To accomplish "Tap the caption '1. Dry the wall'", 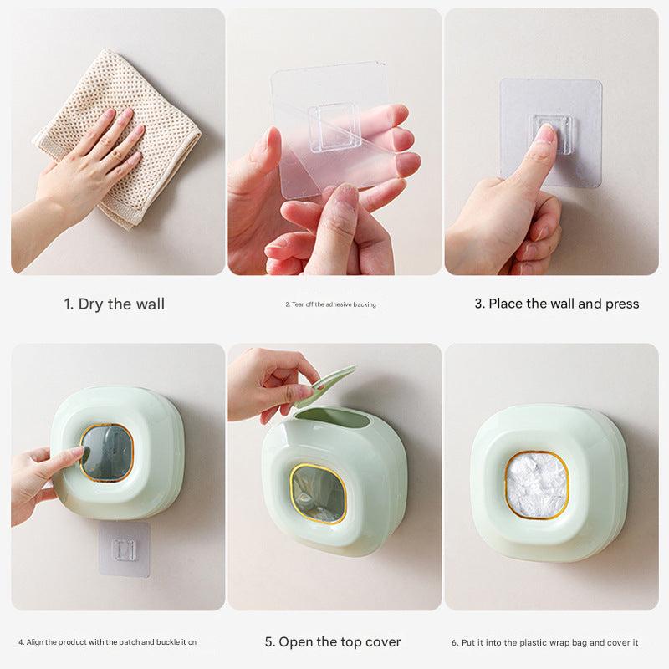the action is pos(115,304).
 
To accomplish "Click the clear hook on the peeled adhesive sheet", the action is pos(334,127).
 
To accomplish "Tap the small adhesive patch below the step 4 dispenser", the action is pos(124,549).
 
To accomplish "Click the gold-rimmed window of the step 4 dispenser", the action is pos(107,452).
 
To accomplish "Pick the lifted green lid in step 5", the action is pos(324,386).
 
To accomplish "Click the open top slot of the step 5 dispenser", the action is pos(333,418).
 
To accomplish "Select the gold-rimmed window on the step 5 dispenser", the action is pos(318,493).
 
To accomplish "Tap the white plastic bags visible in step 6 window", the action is pos(537,485).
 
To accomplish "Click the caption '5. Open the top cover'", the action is pos(333,641).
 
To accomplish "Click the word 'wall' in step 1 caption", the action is pos(151,304).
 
